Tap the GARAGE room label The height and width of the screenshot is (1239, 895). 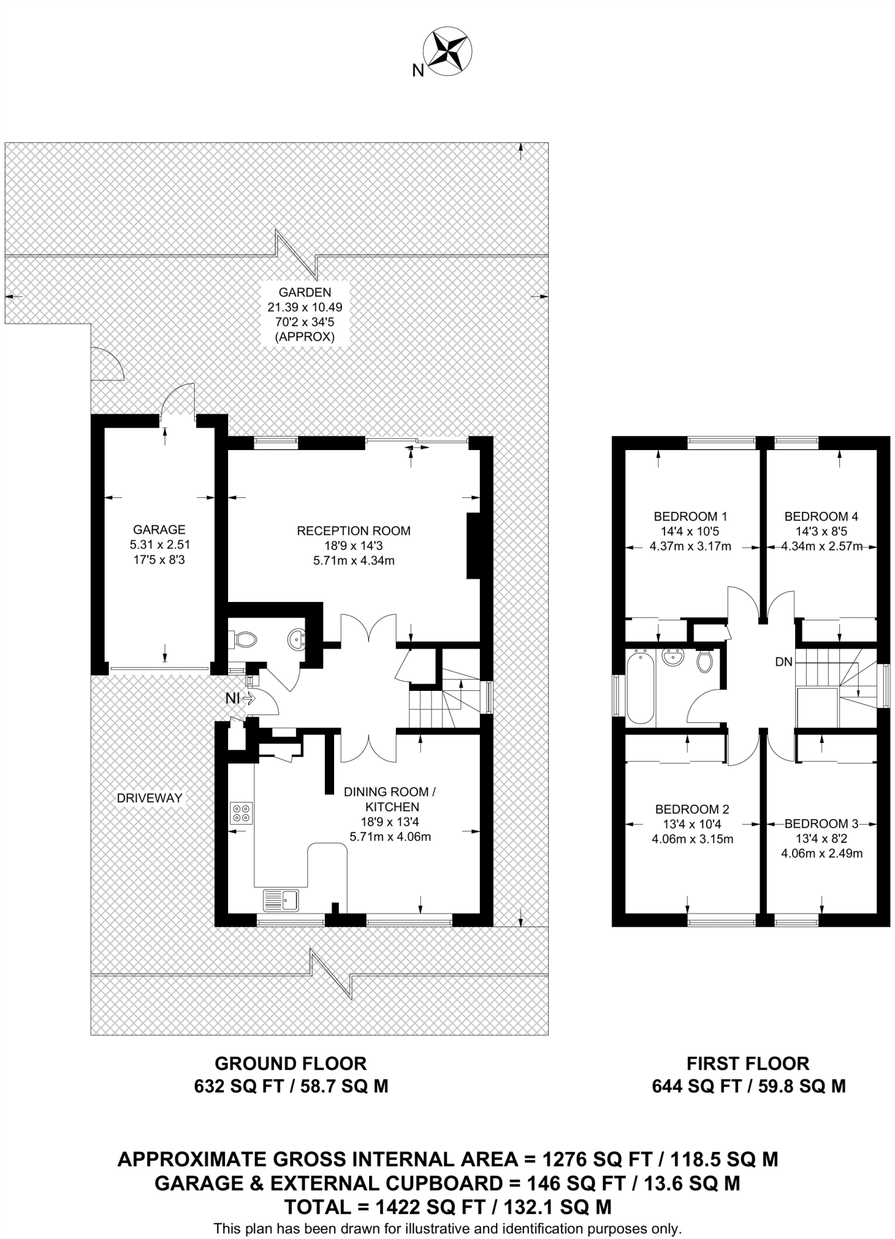(159, 530)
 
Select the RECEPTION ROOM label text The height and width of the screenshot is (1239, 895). (354, 531)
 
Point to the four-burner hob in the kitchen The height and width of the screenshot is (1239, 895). (241, 813)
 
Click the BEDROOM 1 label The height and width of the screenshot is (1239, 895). (690, 517)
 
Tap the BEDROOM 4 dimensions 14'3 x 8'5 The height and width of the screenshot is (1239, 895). (821, 532)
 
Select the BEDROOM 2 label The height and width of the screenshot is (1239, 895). (692, 809)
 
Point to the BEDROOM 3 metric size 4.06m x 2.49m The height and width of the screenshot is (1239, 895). (822, 854)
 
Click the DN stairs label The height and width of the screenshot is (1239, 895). (784, 662)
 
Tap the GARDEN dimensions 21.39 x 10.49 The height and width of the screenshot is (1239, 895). (305, 307)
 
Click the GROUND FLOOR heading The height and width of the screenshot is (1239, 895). (291, 1063)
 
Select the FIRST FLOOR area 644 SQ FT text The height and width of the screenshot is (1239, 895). (697, 1086)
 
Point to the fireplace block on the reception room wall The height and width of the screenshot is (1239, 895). (473, 546)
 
